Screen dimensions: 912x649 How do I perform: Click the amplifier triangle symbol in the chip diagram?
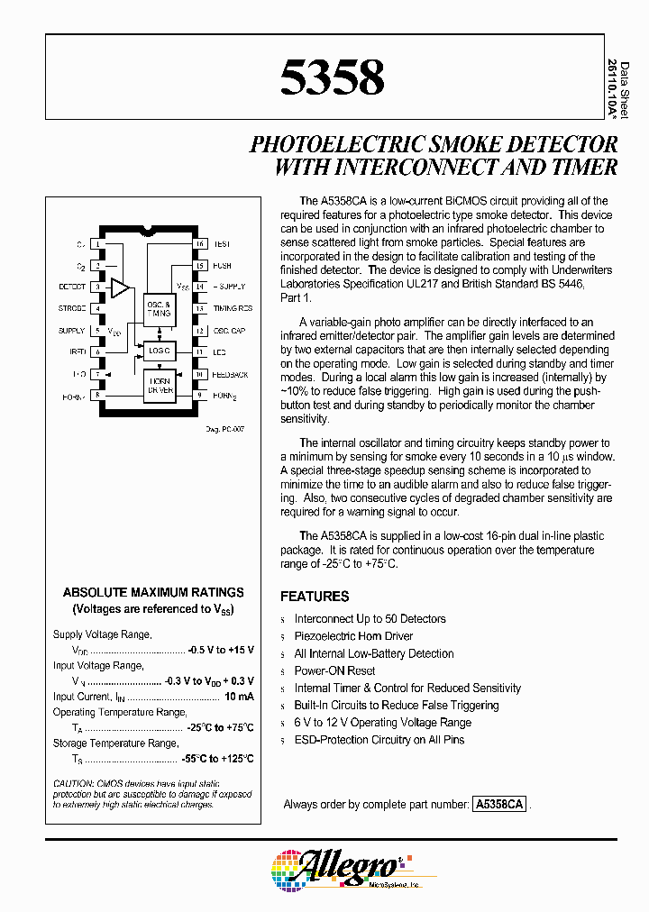pos(119,287)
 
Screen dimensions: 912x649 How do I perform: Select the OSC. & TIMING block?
pos(159,310)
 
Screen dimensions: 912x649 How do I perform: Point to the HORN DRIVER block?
pos(159,385)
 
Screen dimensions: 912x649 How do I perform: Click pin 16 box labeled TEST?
pos(200,244)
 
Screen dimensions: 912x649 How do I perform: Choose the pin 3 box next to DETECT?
pos(96,287)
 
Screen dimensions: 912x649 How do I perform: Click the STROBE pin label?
pos(71,309)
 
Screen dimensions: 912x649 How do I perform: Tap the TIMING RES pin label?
pos(233,309)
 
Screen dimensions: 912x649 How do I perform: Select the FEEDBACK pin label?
pos(230,374)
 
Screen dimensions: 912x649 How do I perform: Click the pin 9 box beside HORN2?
pos(200,396)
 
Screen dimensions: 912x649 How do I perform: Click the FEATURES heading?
pos(315,597)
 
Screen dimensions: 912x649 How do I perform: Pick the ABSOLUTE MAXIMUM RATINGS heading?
pos(153,592)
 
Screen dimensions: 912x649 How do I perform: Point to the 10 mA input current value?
pos(239,697)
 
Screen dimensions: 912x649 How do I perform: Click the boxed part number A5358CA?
pos(498,805)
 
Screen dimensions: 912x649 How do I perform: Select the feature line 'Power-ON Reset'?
pos(334,671)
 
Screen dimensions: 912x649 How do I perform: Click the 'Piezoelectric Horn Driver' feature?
pos(353,636)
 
